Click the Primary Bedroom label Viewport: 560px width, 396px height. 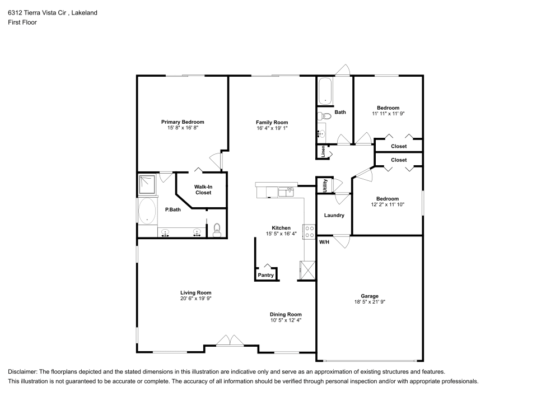[183, 122]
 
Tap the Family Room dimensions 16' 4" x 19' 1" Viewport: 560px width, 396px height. [272, 128]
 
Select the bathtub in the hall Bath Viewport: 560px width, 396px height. [325, 91]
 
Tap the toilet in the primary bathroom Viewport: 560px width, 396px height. [217, 229]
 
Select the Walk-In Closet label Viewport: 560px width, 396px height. [203, 190]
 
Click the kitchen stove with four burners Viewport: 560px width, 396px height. [309, 231]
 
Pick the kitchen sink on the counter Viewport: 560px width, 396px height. [286, 191]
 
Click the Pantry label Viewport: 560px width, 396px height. [265, 275]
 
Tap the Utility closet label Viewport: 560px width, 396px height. [324, 185]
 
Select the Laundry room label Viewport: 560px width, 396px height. [334, 216]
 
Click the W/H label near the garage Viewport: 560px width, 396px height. [324, 242]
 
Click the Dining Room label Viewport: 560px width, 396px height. [286, 314]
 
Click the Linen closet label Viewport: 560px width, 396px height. [323, 151]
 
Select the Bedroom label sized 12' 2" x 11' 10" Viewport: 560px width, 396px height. [387, 199]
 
